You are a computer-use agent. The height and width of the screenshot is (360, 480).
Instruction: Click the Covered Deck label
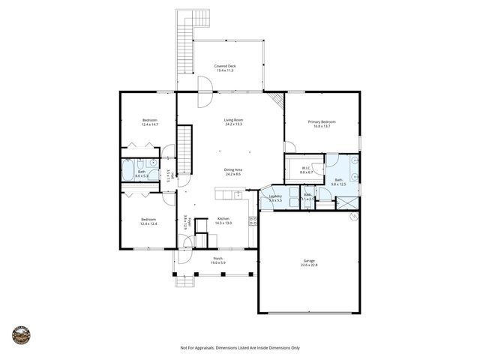click(x=223, y=66)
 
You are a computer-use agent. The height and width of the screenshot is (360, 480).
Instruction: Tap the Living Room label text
click(x=233, y=120)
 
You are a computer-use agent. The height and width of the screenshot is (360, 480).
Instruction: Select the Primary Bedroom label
click(x=321, y=121)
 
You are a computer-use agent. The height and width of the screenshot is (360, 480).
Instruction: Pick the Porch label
click(x=217, y=259)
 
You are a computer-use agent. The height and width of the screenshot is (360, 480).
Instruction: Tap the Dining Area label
click(x=232, y=169)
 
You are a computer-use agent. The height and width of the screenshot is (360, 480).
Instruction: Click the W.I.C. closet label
click(x=306, y=168)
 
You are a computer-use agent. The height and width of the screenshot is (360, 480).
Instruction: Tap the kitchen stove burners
click(x=253, y=221)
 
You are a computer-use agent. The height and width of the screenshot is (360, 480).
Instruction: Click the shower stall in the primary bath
click(x=346, y=202)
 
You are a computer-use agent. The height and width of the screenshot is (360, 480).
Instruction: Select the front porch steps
click(x=184, y=280)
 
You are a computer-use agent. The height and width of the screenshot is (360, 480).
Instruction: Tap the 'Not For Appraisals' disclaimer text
click(x=240, y=348)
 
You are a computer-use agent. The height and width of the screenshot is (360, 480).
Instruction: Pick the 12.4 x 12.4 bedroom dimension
click(x=148, y=223)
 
